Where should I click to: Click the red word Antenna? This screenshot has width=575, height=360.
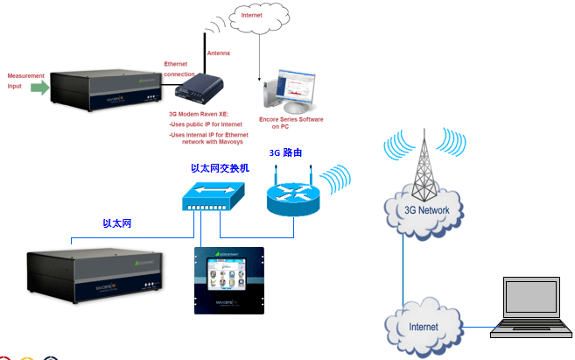tap(218, 53)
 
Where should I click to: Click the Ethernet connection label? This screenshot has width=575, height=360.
tap(179, 69)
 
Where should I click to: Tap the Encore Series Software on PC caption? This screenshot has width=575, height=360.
tap(291, 122)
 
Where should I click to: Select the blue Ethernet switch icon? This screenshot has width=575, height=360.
tap(208, 198)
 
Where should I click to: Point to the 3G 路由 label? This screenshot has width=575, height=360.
tap(286, 152)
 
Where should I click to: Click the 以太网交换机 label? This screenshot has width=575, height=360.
tap(220, 166)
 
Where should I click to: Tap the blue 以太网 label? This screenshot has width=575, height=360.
tap(116, 224)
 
